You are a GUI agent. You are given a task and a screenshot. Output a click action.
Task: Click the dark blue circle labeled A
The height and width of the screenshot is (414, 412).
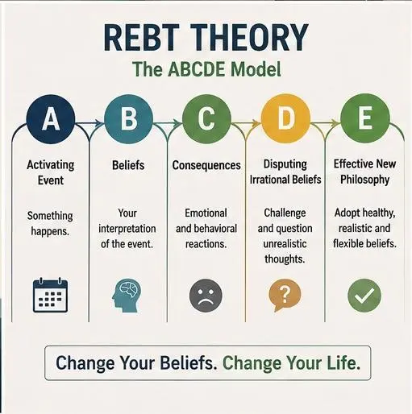(x=51, y=120)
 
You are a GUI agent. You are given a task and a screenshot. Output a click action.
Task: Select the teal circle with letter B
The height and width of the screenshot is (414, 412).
(x=128, y=120)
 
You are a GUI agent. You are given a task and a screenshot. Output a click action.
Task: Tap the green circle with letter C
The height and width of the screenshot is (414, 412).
(x=206, y=120)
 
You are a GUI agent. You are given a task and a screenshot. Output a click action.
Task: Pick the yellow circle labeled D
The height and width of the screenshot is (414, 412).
(x=285, y=120)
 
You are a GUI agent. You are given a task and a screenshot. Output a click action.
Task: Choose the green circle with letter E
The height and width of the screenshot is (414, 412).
(x=364, y=118)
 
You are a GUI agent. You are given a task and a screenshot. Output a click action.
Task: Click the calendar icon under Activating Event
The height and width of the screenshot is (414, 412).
(x=50, y=295)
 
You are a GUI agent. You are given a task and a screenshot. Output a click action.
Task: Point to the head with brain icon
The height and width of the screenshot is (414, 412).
(x=127, y=296)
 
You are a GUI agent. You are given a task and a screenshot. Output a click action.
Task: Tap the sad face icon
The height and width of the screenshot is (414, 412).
(x=206, y=296)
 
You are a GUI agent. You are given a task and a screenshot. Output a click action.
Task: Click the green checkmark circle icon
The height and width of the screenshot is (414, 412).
(x=364, y=296)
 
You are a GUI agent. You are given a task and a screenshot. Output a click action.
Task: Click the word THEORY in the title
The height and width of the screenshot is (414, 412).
(x=251, y=38)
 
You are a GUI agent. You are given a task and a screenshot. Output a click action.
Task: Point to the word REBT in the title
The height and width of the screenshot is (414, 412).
(x=142, y=38)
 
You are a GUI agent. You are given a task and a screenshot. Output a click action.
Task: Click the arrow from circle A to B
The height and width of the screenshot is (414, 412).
(x=89, y=123)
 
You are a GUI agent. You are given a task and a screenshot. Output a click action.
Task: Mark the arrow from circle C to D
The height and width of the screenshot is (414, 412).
(x=246, y=123)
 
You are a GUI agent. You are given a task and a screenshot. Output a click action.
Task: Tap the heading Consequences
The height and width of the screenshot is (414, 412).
(x=206, y=165)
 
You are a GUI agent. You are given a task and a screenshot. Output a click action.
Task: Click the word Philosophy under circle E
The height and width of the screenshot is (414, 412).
(x=364, y=180)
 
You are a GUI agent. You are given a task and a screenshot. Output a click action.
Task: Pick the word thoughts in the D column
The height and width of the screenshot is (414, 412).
(x=285, y=259)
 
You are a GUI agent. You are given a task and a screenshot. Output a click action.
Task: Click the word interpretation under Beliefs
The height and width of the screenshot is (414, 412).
(x=127, y=229)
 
